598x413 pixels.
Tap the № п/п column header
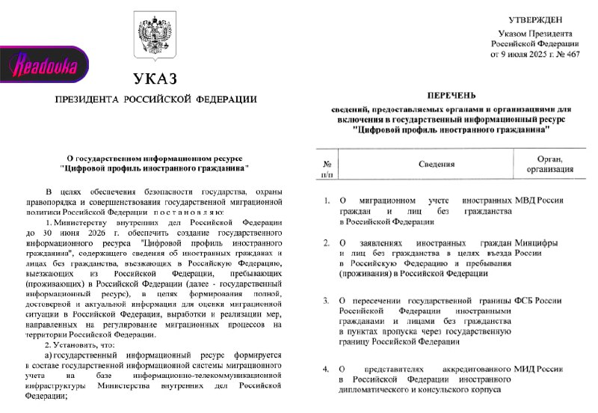[326, 167]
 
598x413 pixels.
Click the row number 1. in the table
[326, 201]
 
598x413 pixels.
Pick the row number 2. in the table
[326, 242]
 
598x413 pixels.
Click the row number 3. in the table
[326, 301]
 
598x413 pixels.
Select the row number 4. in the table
[326, 370]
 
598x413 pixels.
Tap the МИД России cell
[540, 370]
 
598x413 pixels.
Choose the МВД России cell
[540, 201]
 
